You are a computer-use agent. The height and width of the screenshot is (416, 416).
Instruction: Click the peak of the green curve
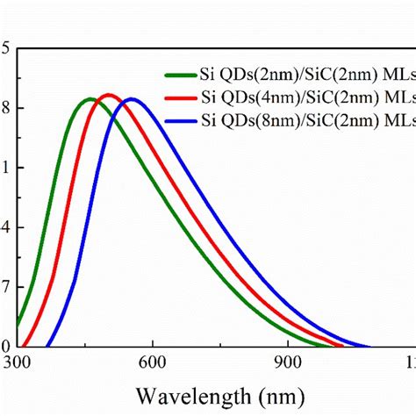90,98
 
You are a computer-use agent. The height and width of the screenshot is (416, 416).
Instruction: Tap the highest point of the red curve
109,94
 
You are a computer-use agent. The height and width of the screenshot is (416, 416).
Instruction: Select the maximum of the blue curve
132,98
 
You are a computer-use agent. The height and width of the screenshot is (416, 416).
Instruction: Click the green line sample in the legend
181,75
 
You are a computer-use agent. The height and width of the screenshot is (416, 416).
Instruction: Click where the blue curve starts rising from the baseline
47,345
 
